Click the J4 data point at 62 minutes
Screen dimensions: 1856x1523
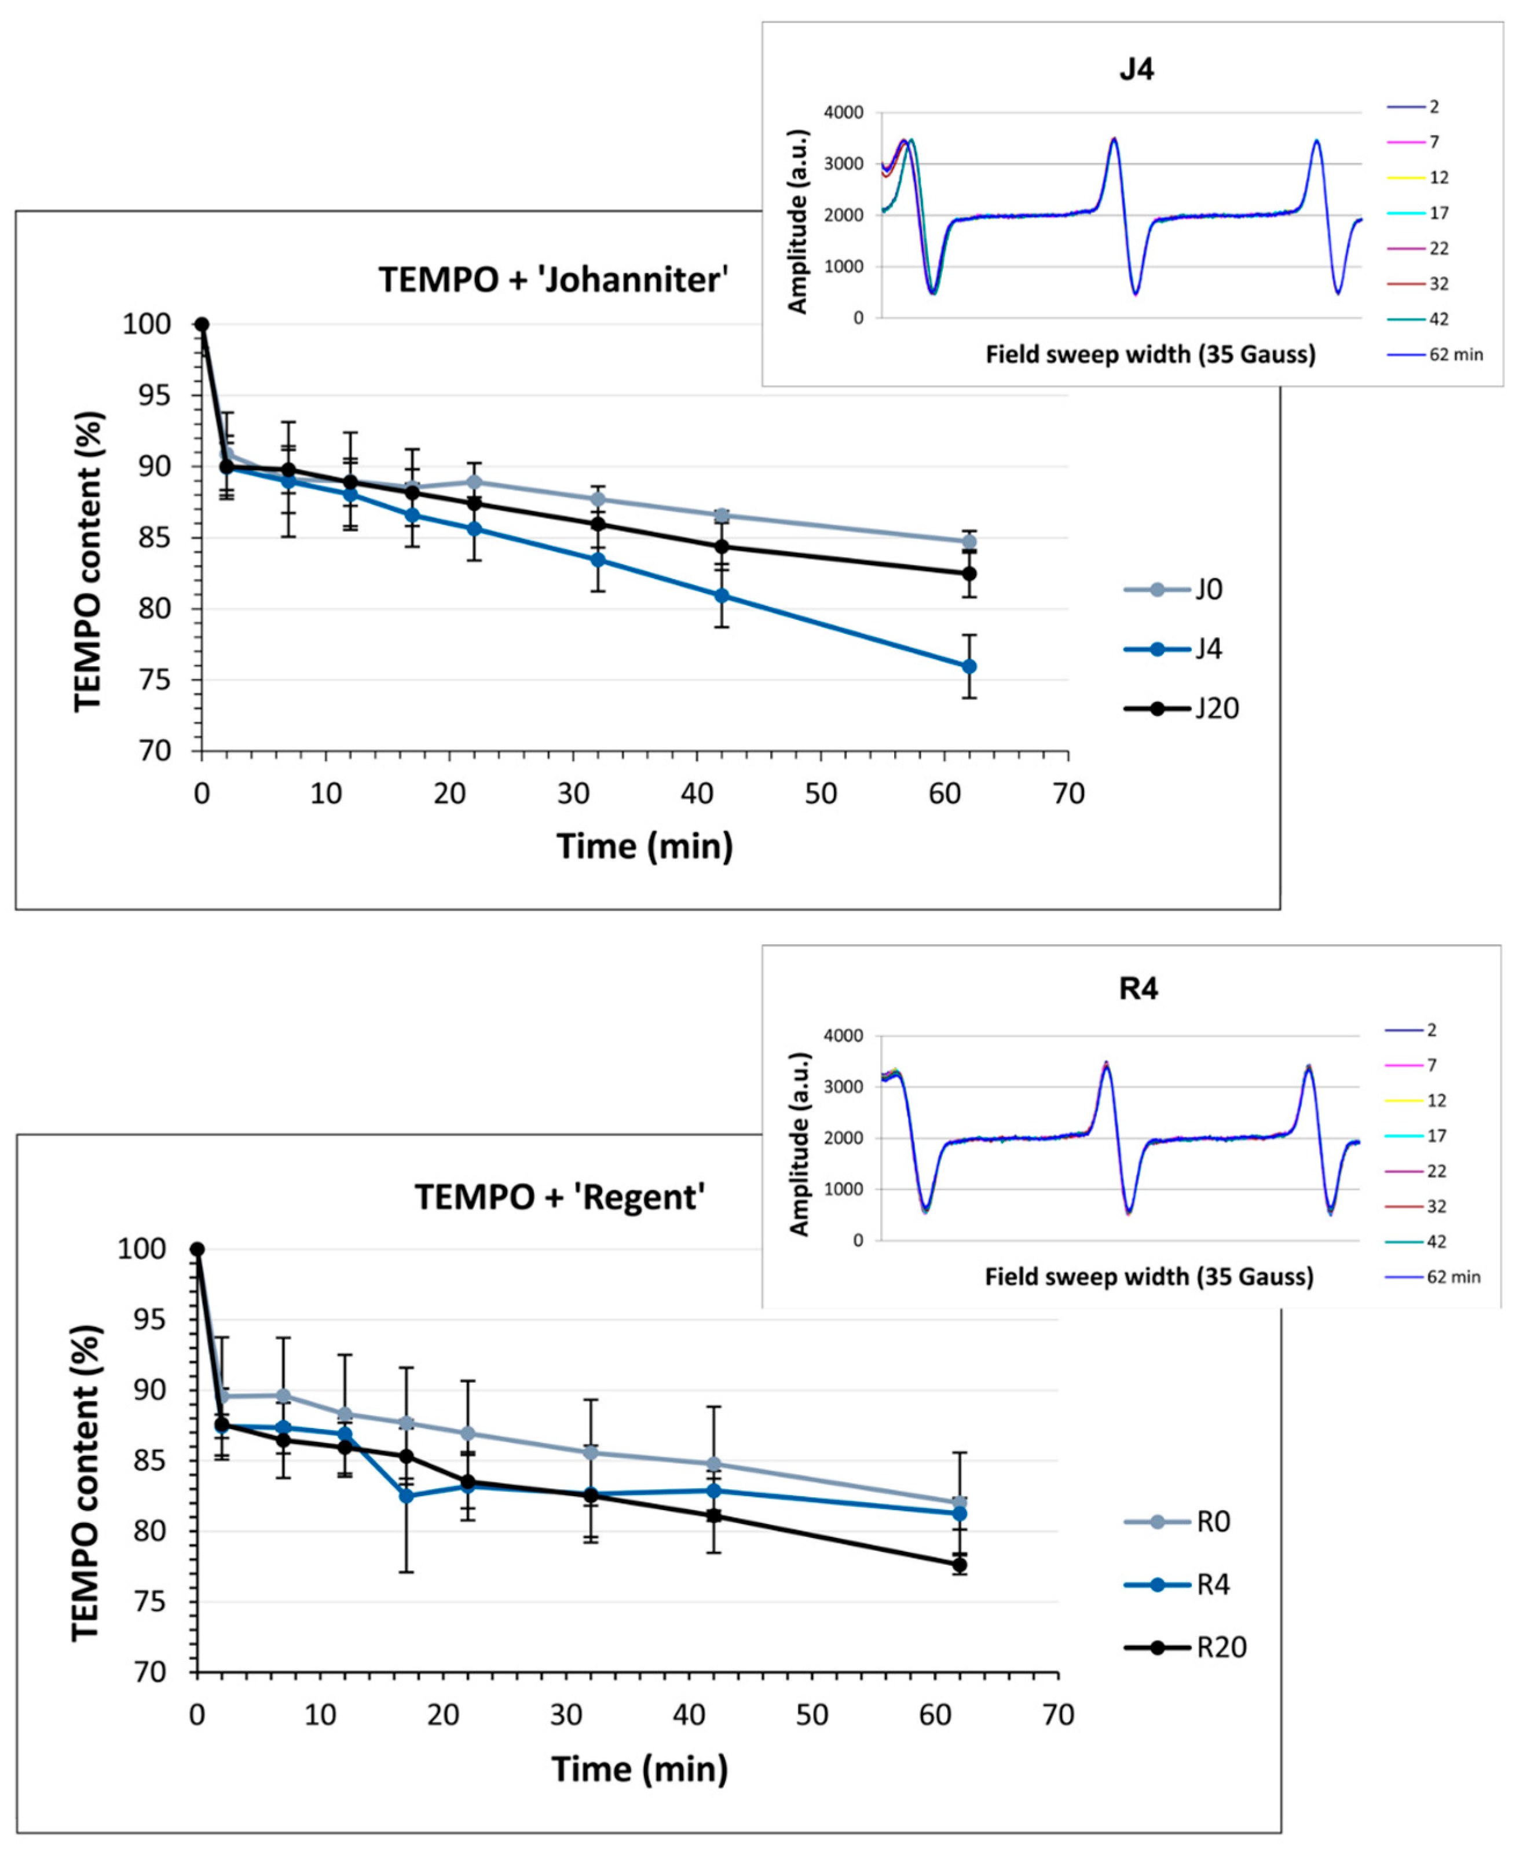pyautogui.click(x=969, y=667)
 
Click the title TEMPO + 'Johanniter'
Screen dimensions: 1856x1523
pyautogui.click(x=552, y=280)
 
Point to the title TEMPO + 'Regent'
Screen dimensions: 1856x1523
pyautogui.click(x=560, y=1197)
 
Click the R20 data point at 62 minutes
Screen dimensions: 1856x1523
pyautogui.click(x=960, y=1565)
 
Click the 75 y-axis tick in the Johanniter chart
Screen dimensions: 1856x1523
pyautogui.click(x=153, y=680)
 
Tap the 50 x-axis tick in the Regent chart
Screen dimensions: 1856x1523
pyautogui.click(x=811, y=1714)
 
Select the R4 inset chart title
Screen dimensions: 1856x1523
pyautogui.click(x=1138, y=989)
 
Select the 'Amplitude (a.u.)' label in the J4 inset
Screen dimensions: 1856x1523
pyautogui.click(x=797, y=221)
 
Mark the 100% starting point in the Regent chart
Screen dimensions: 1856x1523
pyautogui.click(x=197, y=1249)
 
